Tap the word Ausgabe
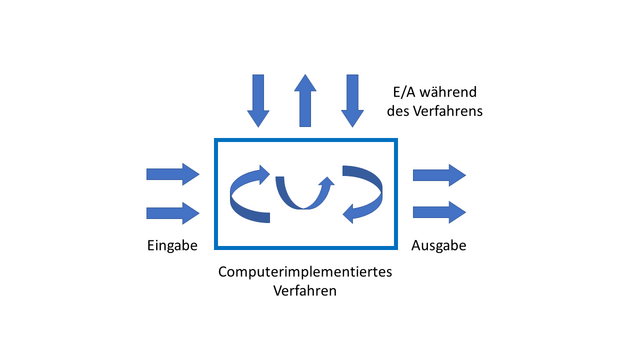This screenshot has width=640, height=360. point(439,245)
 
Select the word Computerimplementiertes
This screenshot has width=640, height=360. point(305,272)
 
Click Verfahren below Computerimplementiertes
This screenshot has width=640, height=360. point(305,291)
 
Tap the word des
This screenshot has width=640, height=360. point(399,112)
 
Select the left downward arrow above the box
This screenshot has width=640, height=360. point(258,100)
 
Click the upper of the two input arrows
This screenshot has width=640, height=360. point(173,174)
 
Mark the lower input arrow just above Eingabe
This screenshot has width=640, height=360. point(173,212)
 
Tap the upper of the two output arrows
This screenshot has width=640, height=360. point(439,174)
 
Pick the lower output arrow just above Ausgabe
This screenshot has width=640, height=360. point(439,212)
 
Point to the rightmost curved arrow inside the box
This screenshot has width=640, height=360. point(362,193)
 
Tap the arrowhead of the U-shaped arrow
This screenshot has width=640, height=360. point(326,183)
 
